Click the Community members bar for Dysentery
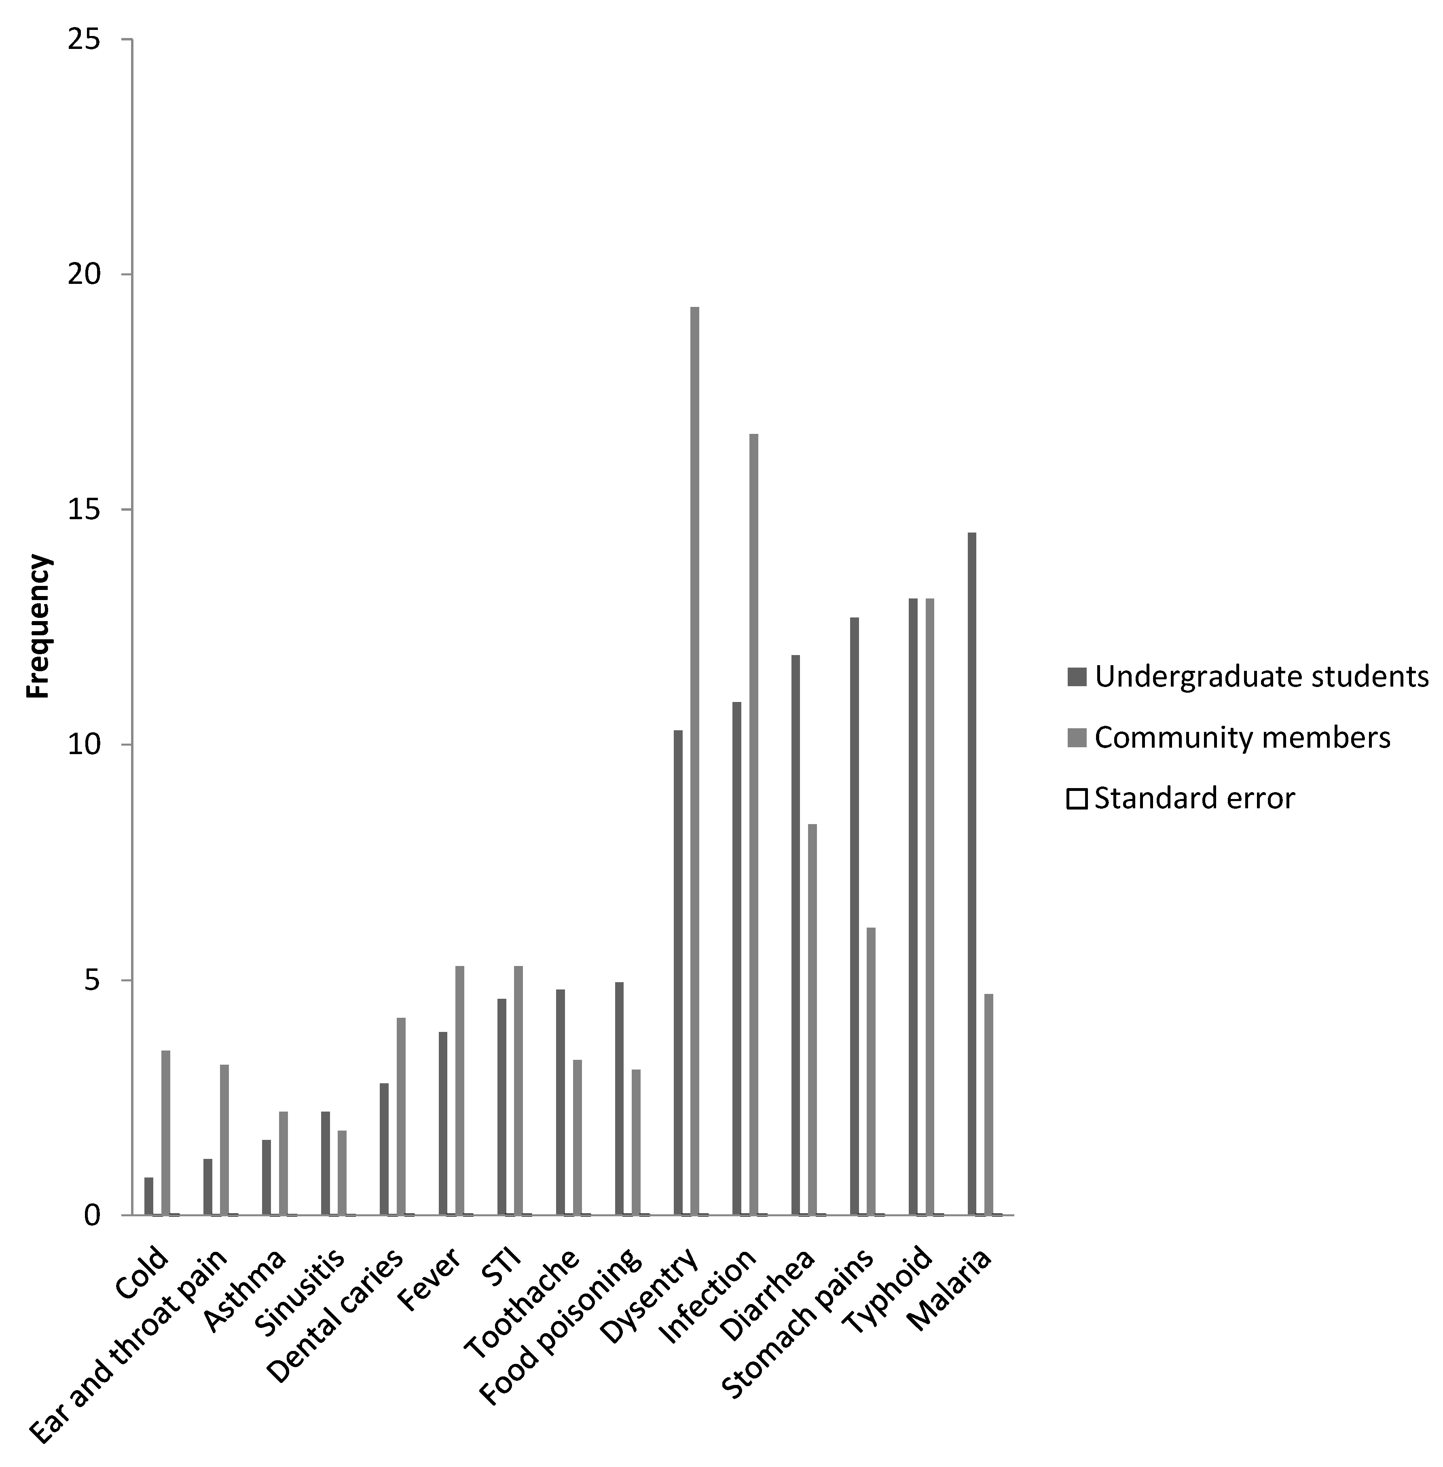click(x=694, y=760)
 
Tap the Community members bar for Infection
click(x=753, y=824)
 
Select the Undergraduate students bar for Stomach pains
click(x=854, y=915)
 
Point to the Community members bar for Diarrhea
click(x=812, y=1019)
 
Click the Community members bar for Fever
click(x=459, y=1090)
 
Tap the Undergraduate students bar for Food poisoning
click(x=619, y=1098)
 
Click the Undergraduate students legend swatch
click(x=1076, y=676)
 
